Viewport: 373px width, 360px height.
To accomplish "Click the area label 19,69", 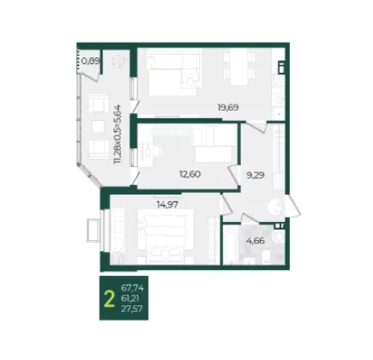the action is pyautogui.click(x=228, y=108).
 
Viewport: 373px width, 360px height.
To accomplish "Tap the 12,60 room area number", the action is pyautogui.click(x=190, y=174).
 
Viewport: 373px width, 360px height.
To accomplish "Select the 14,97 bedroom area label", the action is pyautogui.click(x=167, y=205).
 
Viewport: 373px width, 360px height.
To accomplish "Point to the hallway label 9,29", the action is pyautogui.click(x=256, y=175).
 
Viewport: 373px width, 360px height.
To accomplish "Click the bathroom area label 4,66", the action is pyautogui.click(x=256, y=241).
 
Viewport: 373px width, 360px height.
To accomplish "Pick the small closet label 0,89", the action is pyautogui.click(x=90, y=61).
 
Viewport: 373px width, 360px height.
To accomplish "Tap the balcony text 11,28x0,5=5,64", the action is pyautogui.click(x=117, y=135).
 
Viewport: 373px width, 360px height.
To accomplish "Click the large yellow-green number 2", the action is pyautogui.click(x=110, y=298).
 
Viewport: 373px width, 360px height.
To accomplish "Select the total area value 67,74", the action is pyautogui.click(x=132, y=288).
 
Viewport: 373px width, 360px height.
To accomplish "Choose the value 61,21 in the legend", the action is pyautogui.click(x=130, y=298).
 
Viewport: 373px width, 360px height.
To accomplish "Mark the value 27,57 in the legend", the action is pyautogui.click(x=132, y=309).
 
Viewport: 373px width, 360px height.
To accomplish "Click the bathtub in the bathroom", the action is pyautogui.click(x=230, y=245).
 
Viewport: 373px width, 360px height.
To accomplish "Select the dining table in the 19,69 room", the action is pyautogui.click(x=239, y=66).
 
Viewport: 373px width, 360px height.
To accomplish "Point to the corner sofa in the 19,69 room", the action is pyautogui.click(x=173, y=69).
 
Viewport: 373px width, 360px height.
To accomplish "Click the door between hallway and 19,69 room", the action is pyautogui.click(x=257, y=127).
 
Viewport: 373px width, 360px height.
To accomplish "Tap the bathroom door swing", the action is pyautogui.click(x=249, y=218).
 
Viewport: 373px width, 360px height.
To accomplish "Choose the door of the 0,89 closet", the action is pyautogui.click(x=91, y=76).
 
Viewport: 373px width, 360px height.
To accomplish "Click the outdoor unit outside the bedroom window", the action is pyautogui.click(x=93, y=231).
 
